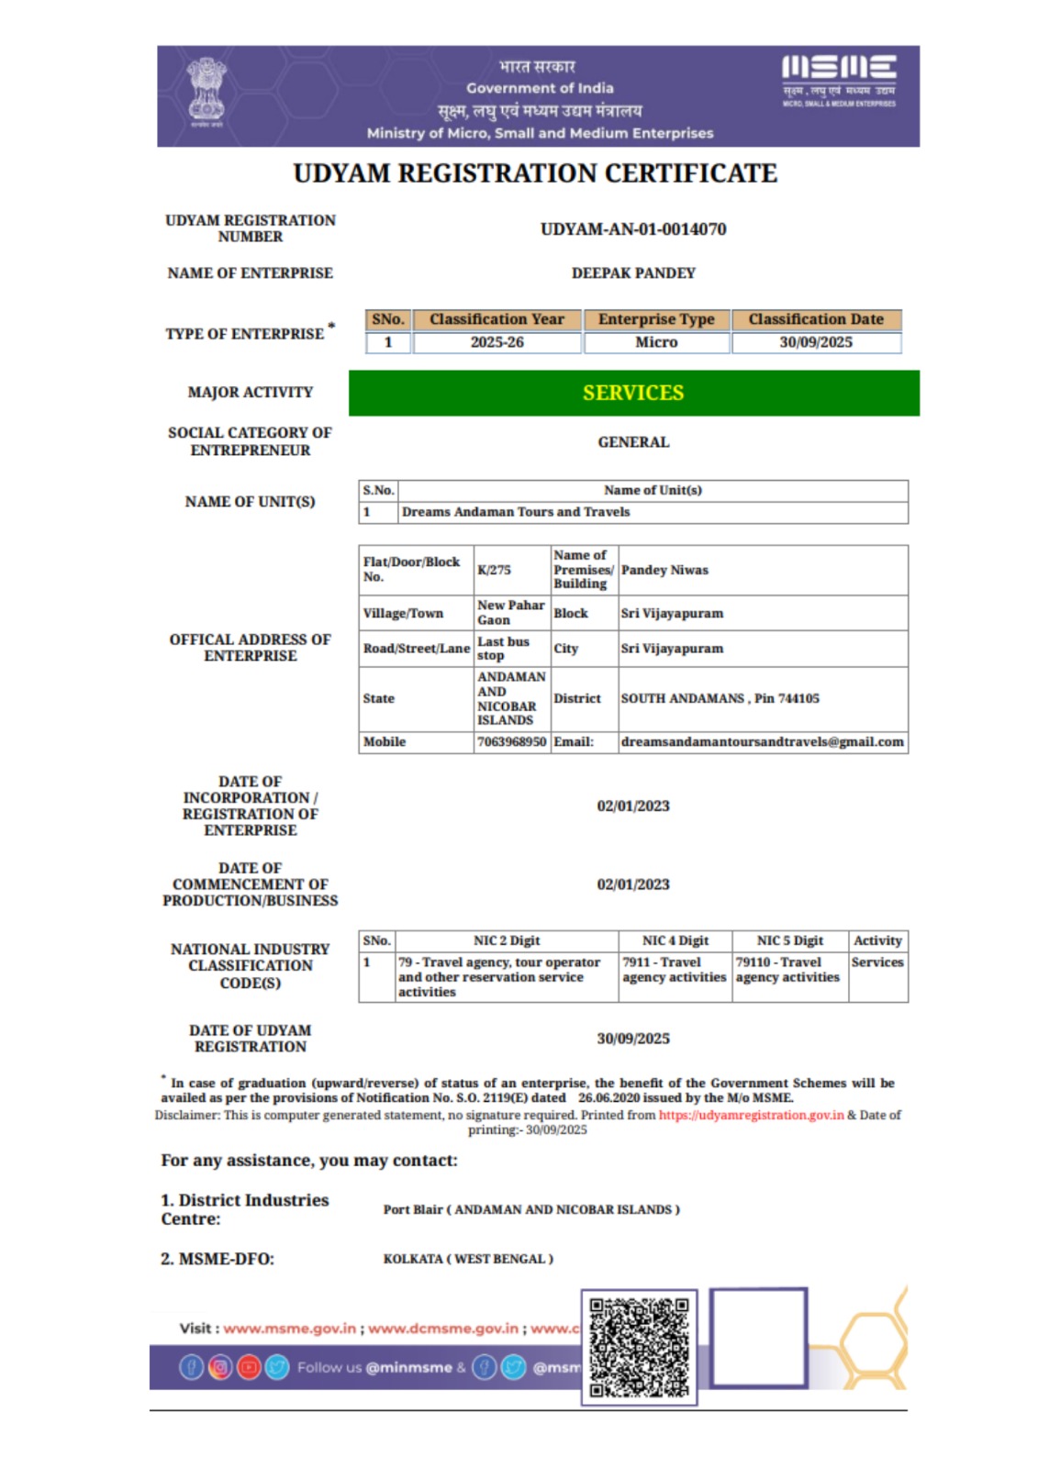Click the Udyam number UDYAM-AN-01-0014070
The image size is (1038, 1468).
[632, 229]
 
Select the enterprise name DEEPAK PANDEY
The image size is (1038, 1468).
[633, 273]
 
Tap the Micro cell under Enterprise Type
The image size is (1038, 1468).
[656, 342]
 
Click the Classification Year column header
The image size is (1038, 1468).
[497, 319]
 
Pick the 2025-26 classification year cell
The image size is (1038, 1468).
[497, 342]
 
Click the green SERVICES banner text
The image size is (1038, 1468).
[633, 393]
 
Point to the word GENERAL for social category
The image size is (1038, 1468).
[633, 442]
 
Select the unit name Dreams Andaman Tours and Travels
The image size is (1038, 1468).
[516, 512]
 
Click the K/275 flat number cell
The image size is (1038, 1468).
[494, 570]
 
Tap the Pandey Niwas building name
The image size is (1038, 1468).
[664, 570]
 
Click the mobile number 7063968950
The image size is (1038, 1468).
[511, 741]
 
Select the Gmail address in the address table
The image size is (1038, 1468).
[762, 741]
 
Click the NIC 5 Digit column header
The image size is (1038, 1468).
[789, 940]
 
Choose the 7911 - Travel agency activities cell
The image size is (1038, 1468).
[674, 970]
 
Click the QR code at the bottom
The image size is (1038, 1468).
[639, 1346]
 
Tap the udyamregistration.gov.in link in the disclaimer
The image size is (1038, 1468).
[751, 1115]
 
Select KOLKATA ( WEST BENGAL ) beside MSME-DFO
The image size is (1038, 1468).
[468, 1259]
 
